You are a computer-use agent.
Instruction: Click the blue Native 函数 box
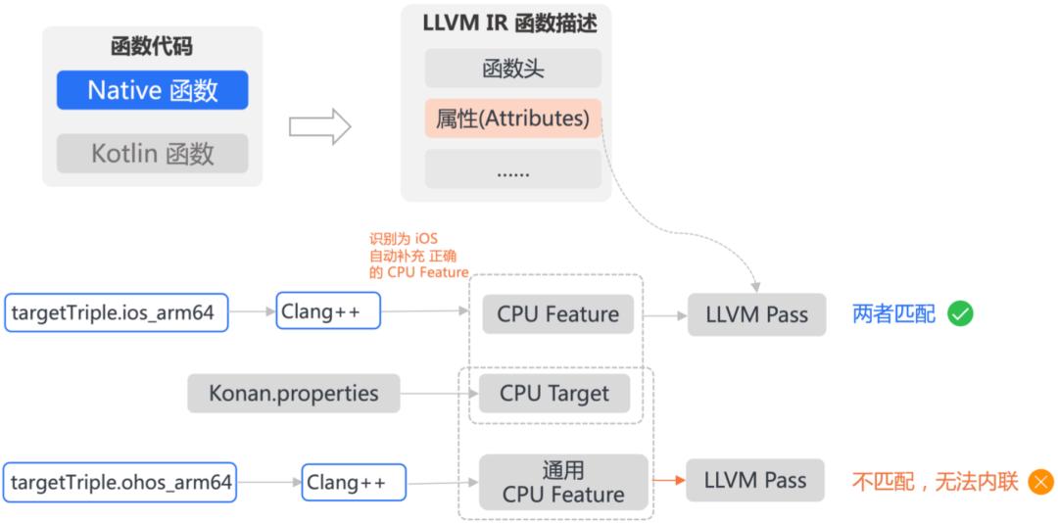[x=152, y=90]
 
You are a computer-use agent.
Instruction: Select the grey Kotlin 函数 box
[x=152, y=154]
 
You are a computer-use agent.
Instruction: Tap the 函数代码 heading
[x=152, y=46]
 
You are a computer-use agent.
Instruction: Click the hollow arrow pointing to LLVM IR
[x=319, y=126]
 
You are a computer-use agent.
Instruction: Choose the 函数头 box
[x=512, y=69]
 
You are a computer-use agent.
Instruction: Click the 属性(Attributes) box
[x=512, y=119]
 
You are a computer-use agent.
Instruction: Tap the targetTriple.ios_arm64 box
[x=116, y=313]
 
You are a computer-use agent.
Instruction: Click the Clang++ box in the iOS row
[x=327, y=311]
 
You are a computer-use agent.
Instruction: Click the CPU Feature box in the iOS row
[x=557, y=314]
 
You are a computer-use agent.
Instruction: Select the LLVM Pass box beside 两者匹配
[x=756, y=314]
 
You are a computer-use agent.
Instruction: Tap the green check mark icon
[x=960, y=313]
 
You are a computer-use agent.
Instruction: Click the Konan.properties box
[x=294, y=394]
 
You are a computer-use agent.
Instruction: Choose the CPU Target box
[x=553, y=394]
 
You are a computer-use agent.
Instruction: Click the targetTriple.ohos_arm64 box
[x=120, y=482]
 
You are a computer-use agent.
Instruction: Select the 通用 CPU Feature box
[x=563, y=482]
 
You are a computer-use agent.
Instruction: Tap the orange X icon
[x=1039, y=481]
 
